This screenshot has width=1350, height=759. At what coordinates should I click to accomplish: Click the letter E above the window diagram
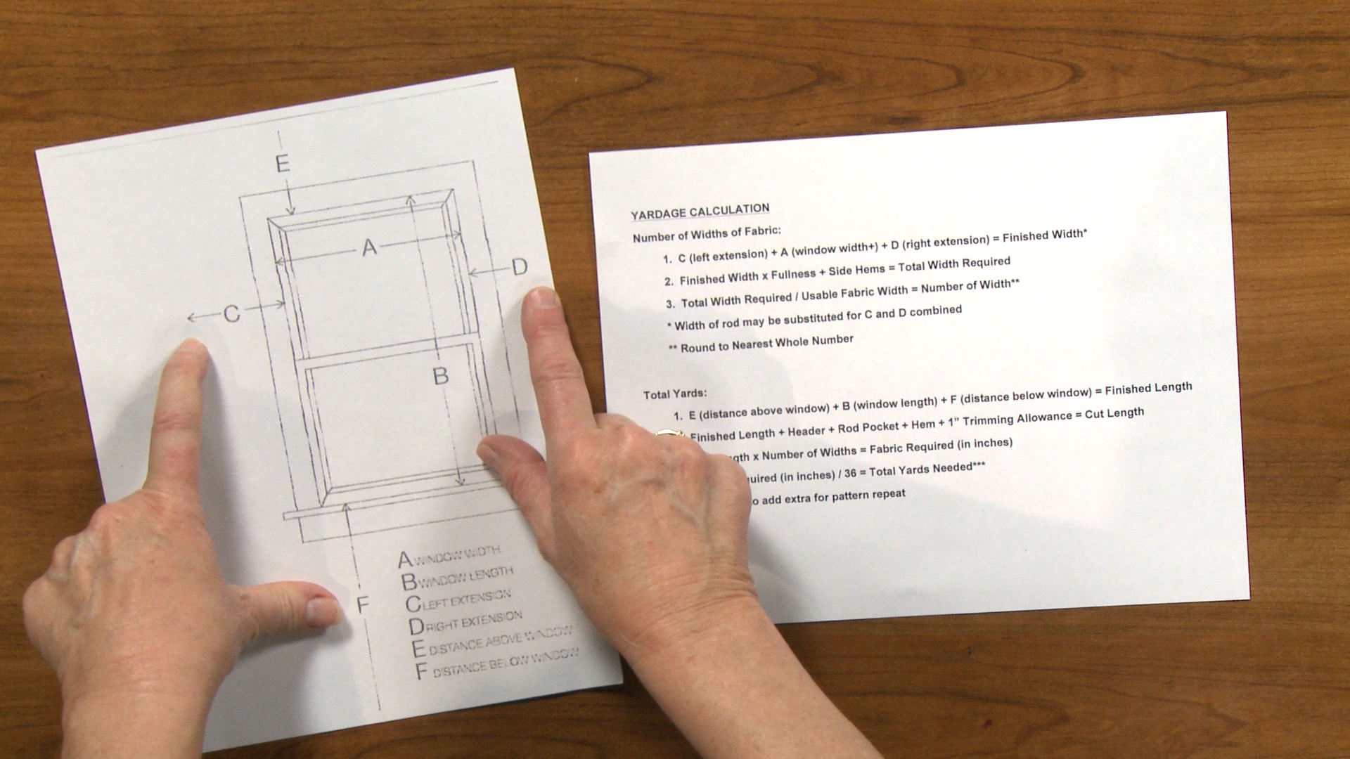tap(283, 164)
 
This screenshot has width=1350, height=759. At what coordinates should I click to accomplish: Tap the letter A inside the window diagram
tap(369, 247)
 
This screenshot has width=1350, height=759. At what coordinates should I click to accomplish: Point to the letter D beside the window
tap(519, 267)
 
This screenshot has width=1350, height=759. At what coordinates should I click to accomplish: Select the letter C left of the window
tap(232, 313)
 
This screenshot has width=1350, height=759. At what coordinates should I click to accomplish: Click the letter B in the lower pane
tap(440, 376)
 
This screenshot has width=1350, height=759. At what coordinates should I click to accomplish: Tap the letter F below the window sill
tap(363, 605)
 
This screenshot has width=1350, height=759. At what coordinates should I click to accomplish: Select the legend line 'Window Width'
tap(450, 556)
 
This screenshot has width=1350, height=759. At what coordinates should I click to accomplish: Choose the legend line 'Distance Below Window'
tap(497, 664)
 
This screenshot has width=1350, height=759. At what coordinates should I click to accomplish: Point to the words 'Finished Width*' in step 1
tap(1045, 235)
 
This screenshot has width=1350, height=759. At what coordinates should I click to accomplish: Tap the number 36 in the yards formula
tap(851, 473)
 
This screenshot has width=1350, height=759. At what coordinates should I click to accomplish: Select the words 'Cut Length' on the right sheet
tap(1114, 413)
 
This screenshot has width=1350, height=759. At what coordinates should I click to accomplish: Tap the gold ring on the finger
tap(669, 434)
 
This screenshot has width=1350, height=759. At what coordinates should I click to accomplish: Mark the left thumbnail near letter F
tap(324, 609)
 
